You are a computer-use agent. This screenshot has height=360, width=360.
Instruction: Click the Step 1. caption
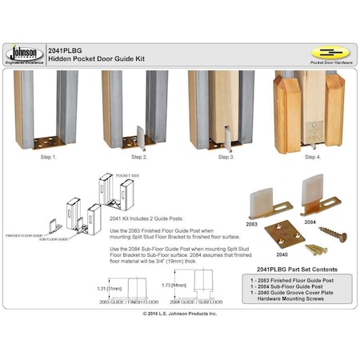pos(49,157)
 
